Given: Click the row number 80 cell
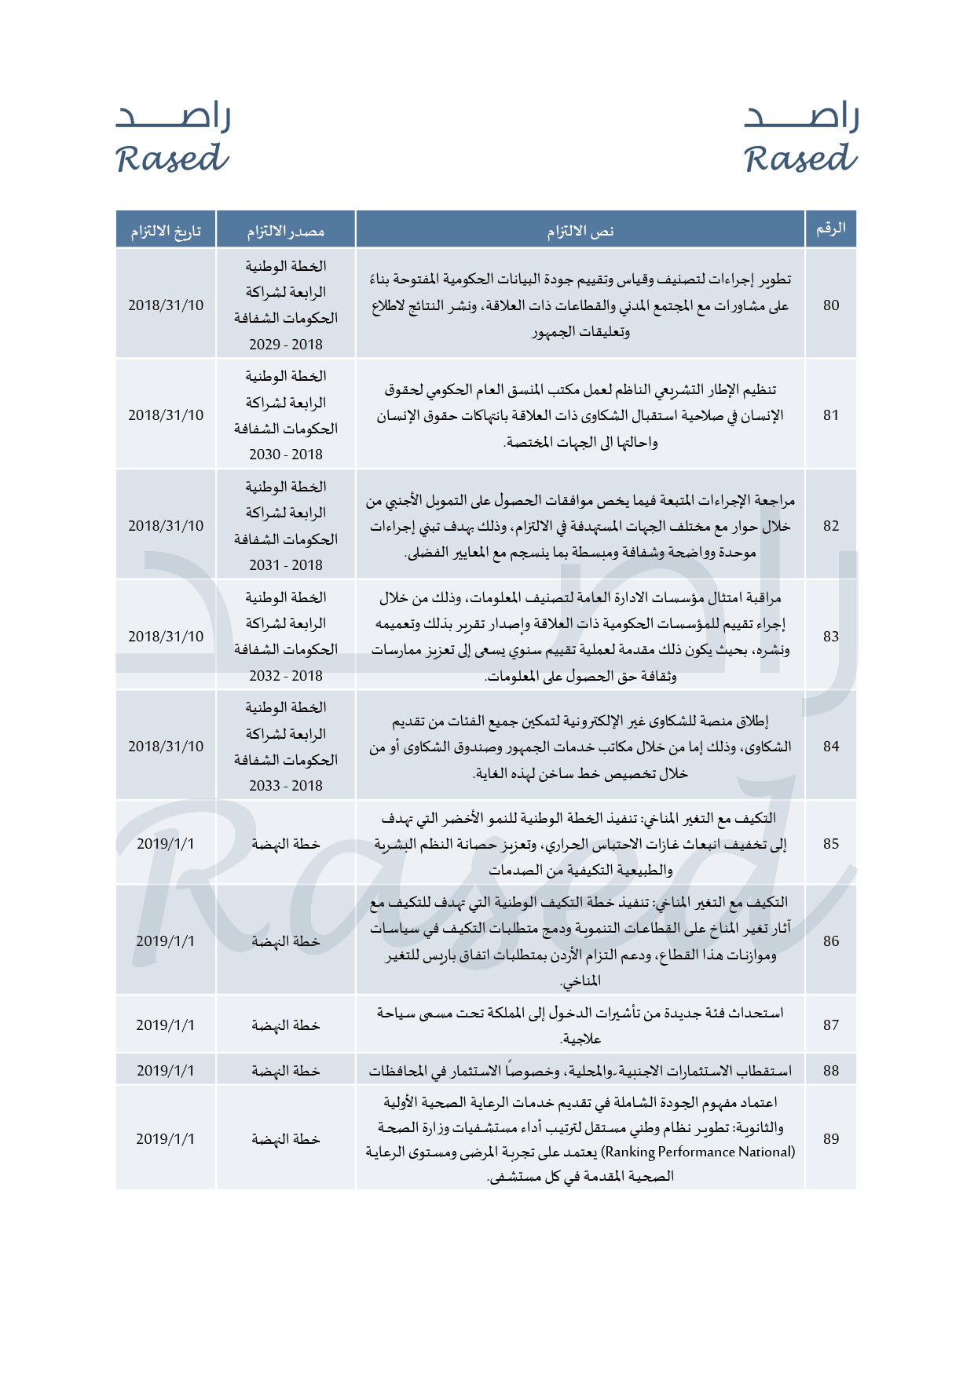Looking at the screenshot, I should point(831,305).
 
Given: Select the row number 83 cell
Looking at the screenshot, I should point(831,637).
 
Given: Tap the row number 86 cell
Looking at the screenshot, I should point(831,941).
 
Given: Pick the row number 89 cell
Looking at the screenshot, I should point(831,1139).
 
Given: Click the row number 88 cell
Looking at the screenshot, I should point(831,1071).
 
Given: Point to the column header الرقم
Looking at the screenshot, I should point(831,228).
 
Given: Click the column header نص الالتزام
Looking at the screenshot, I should point(580,231).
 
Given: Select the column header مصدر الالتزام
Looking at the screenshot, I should point(286,231).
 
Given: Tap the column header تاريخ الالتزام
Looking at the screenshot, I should point(166,231).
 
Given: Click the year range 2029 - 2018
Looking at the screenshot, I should point(286,345).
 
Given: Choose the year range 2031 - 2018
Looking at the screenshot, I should point(286,565).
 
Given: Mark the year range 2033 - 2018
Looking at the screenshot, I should point(286,786).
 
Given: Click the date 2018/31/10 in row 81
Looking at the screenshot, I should point(166,415).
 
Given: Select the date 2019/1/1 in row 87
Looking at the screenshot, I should point(165,1025).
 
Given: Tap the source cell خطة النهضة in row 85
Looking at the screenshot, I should point(286,844).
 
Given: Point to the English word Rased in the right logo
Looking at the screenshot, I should point(800,159).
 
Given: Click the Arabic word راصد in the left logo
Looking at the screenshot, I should point(174,117).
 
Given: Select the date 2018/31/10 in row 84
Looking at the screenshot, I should point(166,747).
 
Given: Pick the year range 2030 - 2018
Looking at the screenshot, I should point(286,455).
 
